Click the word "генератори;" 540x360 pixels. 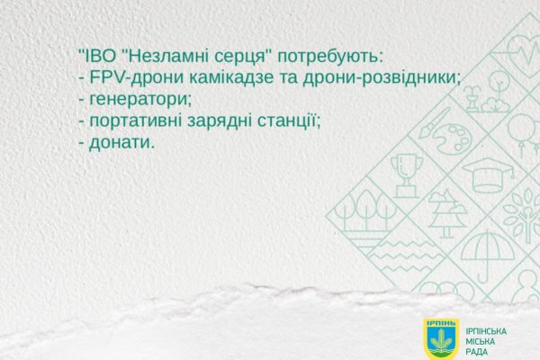(x=140, y=100)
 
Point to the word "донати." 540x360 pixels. (x=121, y=142)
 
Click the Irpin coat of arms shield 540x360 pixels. (x=441, y=339)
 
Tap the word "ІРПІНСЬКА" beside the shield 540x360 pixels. (x=486, y=331)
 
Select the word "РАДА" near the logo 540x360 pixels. (x=477, y=352)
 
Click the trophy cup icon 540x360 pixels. (x=407, y=175)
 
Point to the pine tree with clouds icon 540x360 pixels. (x=447, y=213)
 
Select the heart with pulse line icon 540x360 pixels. (x=524, y=50)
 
